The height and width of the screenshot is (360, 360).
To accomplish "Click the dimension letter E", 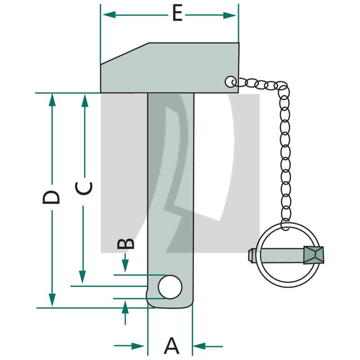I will (x=177, y=14).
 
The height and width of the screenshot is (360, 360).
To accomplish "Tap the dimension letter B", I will (x=126, y=243).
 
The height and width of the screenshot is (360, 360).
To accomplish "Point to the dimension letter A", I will (x=171, y=346).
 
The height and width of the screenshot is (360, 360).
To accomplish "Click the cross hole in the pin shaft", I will (x=171, y=287).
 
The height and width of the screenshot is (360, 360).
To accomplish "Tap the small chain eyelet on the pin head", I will (x=230, y=81).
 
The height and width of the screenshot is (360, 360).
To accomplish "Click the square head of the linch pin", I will (x=313, y=255).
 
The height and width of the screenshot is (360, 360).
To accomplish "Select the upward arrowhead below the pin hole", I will (x=125, y=307).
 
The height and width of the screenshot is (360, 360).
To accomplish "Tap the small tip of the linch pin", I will (x=250, y=255).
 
